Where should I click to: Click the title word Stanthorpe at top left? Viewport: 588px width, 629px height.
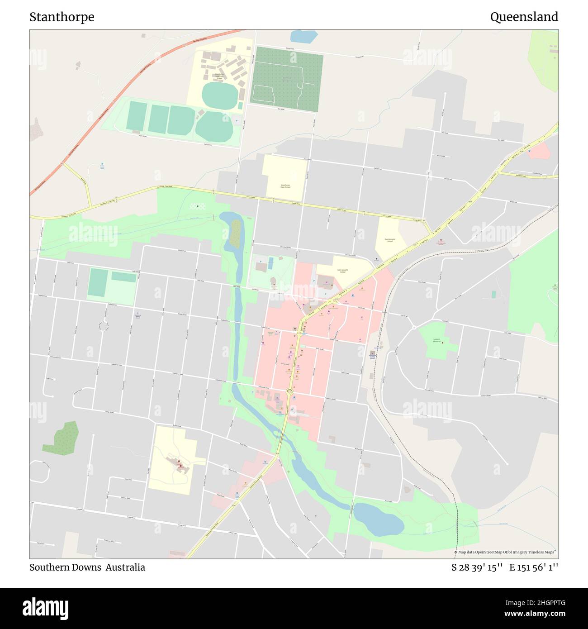[62, 17]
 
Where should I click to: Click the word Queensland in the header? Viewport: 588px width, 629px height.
[524, 17]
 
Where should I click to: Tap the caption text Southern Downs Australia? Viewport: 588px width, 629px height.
[87, 567]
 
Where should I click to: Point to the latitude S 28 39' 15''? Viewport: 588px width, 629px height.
[477, 567]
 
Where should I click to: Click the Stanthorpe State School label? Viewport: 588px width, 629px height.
[285, 186]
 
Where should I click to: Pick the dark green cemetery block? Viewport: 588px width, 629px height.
[286, 79]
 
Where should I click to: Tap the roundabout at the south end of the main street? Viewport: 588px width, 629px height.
[289, 392]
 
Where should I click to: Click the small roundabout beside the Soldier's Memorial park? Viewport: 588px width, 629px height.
[414, 327]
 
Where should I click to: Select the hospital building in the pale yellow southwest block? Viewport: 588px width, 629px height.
[177, 464]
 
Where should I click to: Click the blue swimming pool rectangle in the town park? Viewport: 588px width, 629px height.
[270, 263]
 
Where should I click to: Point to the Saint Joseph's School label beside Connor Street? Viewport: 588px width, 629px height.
[389, 240]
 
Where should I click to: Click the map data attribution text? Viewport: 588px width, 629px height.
[506, 552]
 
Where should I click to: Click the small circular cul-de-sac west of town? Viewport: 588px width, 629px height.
[104, 326]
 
